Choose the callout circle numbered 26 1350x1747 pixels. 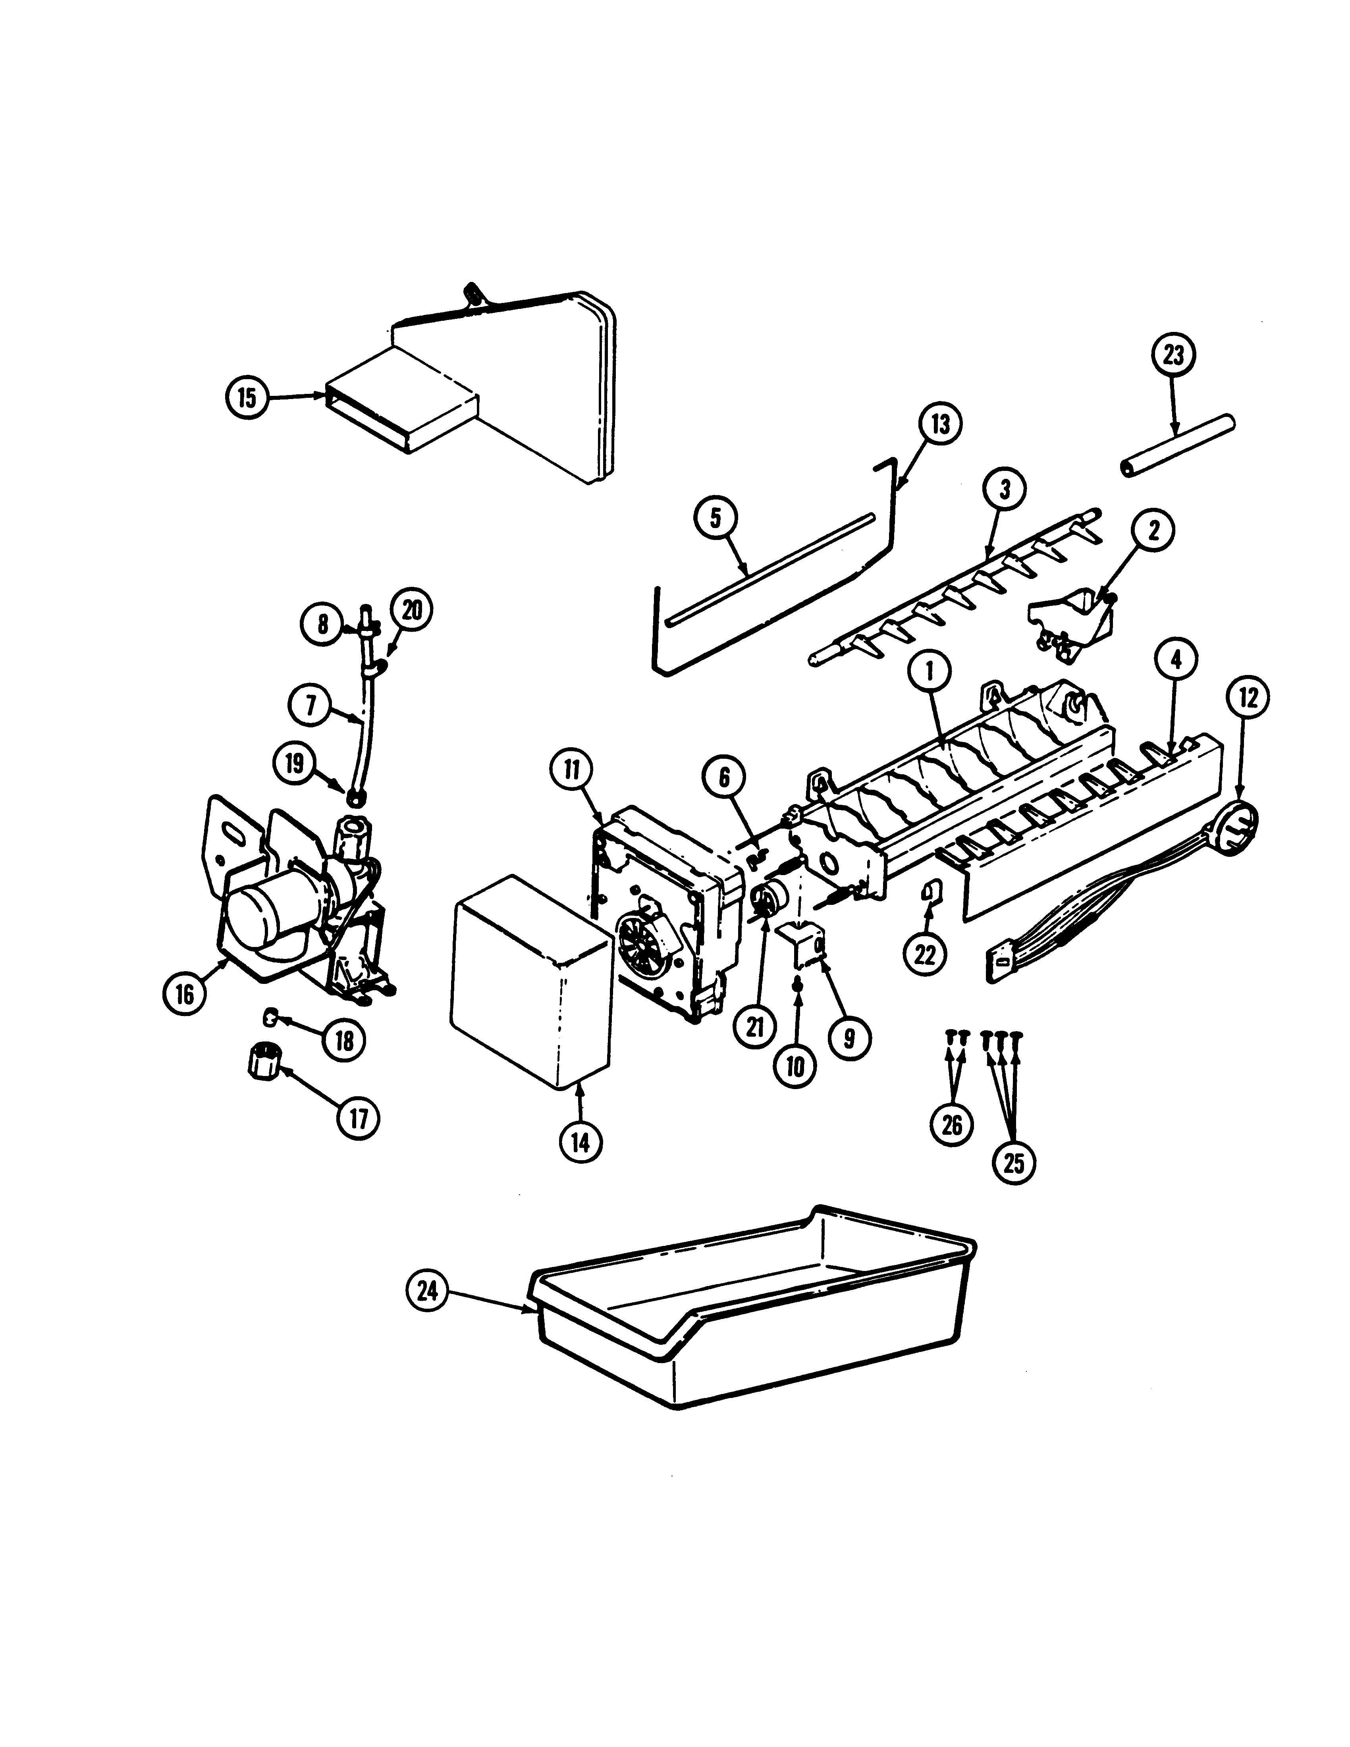(x=952, y=1125)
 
